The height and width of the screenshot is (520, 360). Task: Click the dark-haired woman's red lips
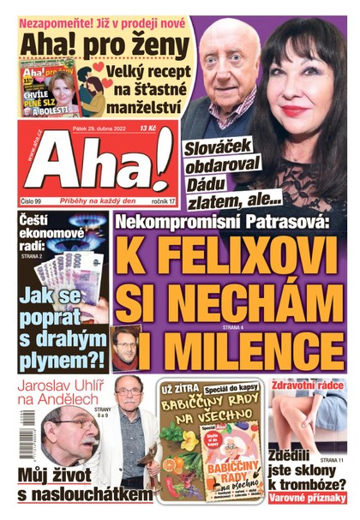[x=296, y=111]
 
